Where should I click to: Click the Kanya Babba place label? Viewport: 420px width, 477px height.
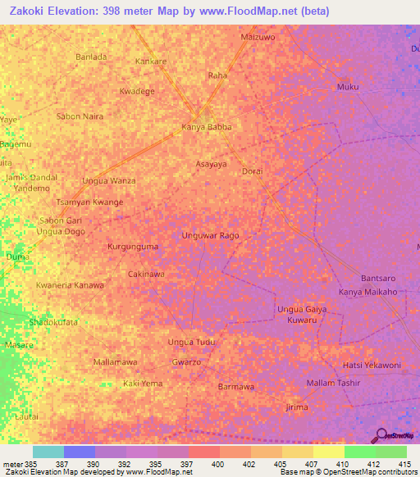click(x=207, y=127)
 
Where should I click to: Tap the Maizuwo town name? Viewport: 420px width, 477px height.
click(x=258, y=37)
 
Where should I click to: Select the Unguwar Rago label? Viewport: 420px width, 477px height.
click(x=211, y=235)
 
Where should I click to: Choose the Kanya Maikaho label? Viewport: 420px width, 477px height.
click(x=368, y=292)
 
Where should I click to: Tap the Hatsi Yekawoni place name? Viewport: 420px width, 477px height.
click(x=371, y=365)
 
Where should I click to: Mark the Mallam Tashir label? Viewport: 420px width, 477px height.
click(x=334, y=383)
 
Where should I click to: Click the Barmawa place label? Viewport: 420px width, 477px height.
click(x=236, y=386)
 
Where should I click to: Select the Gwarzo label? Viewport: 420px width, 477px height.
click(x=186, y=361)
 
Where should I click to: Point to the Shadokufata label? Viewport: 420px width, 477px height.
click(x=53, y=322)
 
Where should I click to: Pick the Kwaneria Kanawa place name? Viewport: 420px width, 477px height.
click(x=70, y=284)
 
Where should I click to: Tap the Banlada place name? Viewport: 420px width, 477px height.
click(x=91, y=57)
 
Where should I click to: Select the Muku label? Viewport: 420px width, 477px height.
click(x=349, y=86)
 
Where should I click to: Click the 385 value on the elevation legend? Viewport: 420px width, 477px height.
click(x=33, y=463)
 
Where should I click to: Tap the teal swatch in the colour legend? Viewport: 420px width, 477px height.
click(x=48, y=452)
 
